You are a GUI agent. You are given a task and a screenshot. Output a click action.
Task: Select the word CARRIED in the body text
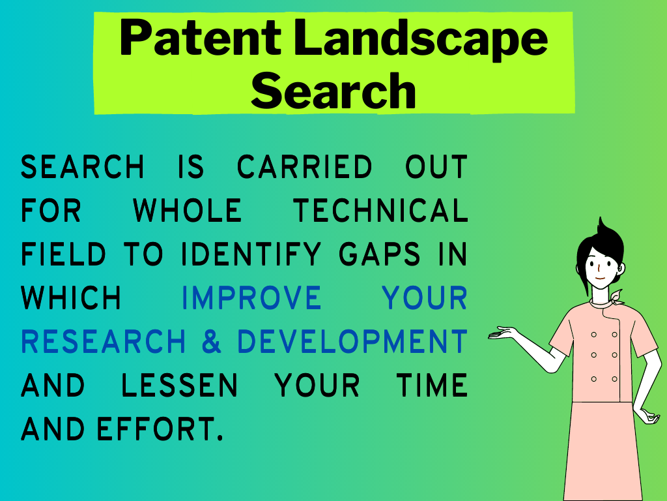tap(305, 166)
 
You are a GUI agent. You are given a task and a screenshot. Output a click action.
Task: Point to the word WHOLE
tap(188, 211)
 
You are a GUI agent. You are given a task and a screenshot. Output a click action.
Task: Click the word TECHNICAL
tap(380, 211)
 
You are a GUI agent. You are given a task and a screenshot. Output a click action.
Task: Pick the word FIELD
tap(63, 254)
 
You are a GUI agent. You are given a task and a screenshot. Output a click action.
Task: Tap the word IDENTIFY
tap(251, 254)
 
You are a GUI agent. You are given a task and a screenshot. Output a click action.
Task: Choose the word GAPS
tap(380, 254)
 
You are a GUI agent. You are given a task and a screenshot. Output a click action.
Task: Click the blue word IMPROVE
tap(251, 297)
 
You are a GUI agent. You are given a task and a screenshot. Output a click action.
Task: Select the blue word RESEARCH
tap(104, 342)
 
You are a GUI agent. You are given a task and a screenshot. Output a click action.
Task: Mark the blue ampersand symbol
tap(212, 342)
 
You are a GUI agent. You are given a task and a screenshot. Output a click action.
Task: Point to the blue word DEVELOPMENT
tap(352, 342)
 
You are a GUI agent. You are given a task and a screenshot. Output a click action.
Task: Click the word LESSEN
tap(180, 386)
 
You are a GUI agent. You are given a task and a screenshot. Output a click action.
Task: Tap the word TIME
tap(433, 386)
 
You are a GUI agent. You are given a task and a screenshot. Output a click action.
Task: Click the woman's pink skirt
tap(603, 451)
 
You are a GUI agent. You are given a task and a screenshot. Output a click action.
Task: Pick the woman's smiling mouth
tap(599, 279)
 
